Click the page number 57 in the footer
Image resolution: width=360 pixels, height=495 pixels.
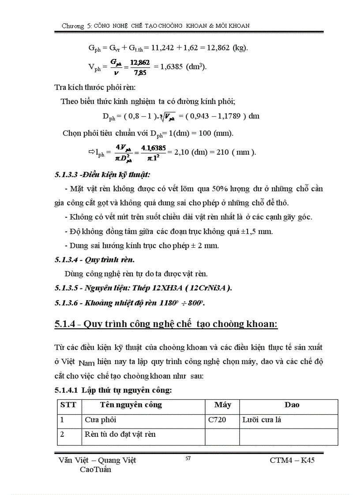[187, 458]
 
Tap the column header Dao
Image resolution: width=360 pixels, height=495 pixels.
[292, 405]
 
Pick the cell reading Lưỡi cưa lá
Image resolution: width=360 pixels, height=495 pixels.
[262, 420]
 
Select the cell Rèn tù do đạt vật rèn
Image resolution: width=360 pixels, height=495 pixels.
[120, 434]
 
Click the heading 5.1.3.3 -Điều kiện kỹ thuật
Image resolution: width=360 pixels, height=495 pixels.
[102, 175]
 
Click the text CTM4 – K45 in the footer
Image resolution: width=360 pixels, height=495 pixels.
[292, 461]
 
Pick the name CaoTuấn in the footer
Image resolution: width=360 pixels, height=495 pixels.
[95, 469]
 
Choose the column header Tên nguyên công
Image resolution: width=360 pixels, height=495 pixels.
[131, 405]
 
